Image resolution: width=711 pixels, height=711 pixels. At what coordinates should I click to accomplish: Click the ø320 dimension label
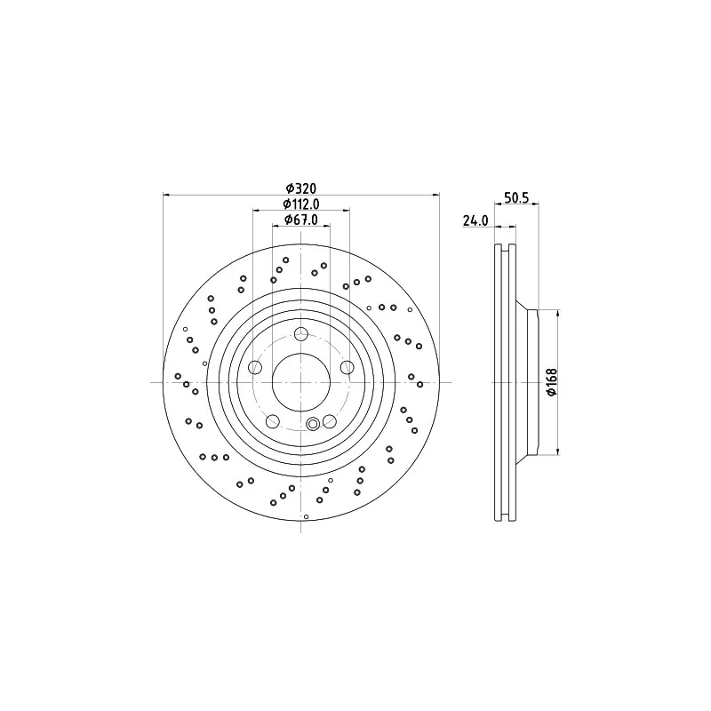301,188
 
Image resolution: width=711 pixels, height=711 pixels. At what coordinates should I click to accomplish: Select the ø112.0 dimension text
301,204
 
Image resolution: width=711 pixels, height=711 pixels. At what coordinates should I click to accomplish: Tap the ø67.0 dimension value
301,220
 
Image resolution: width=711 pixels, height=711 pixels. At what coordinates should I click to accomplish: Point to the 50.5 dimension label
515,199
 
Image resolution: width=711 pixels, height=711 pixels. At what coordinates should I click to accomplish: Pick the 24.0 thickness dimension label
475,221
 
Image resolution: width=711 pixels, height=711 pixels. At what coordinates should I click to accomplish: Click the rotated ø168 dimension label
551,382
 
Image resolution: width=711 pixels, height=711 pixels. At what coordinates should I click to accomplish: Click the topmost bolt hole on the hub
301,334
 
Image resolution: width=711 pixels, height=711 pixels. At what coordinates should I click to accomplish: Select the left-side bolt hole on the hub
256,367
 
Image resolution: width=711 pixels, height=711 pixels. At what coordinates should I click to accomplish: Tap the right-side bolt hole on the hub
347,367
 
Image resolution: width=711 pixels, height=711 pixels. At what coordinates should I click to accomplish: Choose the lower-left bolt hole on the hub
273,420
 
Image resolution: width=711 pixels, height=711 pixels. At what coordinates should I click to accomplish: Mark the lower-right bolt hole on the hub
329,420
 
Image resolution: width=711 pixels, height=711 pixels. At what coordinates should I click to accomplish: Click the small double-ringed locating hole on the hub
312,424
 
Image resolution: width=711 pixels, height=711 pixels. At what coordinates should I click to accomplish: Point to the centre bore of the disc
301,382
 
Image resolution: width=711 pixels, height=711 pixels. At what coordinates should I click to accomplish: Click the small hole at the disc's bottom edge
306,516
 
